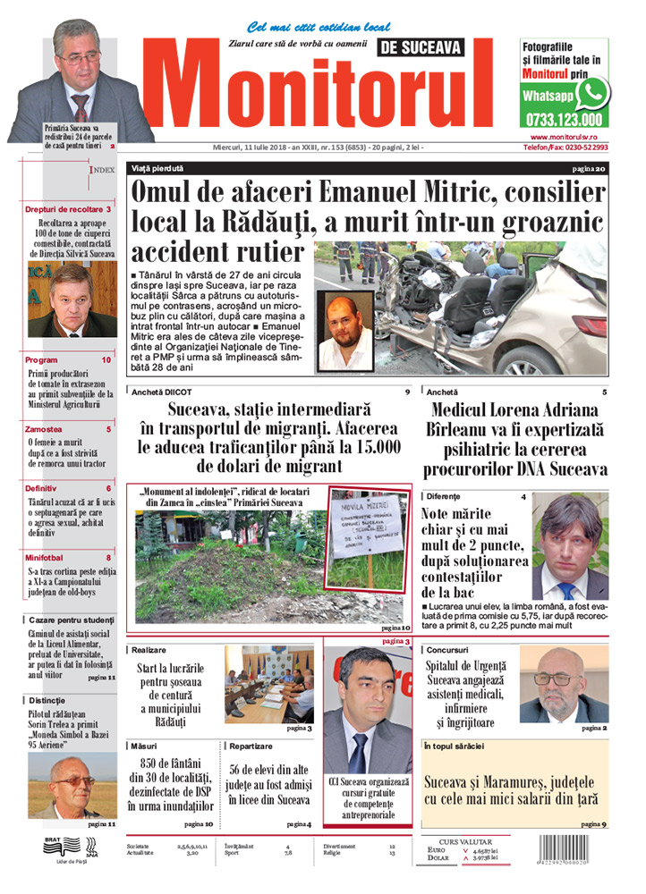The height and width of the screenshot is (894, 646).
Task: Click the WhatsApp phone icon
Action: (x=591, y=93)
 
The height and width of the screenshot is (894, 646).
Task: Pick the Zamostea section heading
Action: (x=44, y=429)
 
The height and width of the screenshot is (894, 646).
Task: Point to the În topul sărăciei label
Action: (x=454, y=745)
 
